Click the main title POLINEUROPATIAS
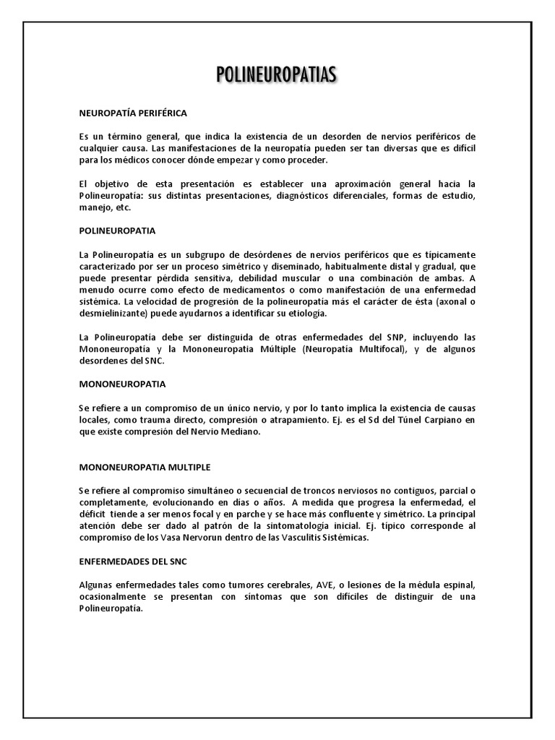(277, 75)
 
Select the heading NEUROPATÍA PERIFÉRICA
(133, 113)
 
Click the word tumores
(235, 585)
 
